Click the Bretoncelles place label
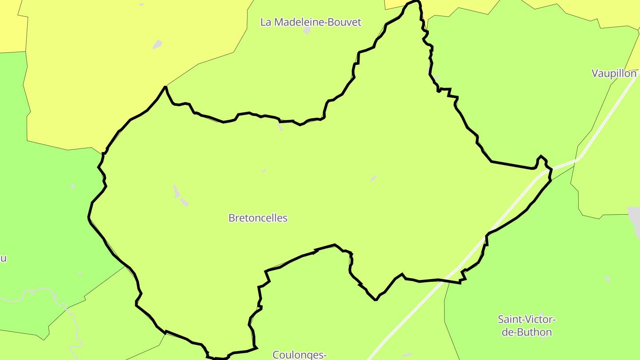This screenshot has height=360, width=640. click(258, 218)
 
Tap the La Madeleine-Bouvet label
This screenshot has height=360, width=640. click(311, 22)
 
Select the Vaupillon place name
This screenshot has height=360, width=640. click(614, 74)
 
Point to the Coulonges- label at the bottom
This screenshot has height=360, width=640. click(300, 355)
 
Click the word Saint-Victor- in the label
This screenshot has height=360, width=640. click(527, 320)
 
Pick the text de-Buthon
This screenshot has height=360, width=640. click(527, 332)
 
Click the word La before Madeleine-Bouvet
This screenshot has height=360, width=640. click(265, 22)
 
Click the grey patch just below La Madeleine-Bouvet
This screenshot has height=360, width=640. click(307, 31)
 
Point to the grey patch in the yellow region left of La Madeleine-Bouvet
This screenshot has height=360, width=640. click(157, 44)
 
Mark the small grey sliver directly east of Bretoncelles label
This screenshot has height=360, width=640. click(373, 178)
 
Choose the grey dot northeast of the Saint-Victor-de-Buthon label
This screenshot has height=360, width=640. click(608, 279)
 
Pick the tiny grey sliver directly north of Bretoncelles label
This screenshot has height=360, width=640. click(264, 171)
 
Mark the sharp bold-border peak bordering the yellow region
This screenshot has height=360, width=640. click(165, 87)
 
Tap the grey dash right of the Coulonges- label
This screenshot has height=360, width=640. click(407, 355)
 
